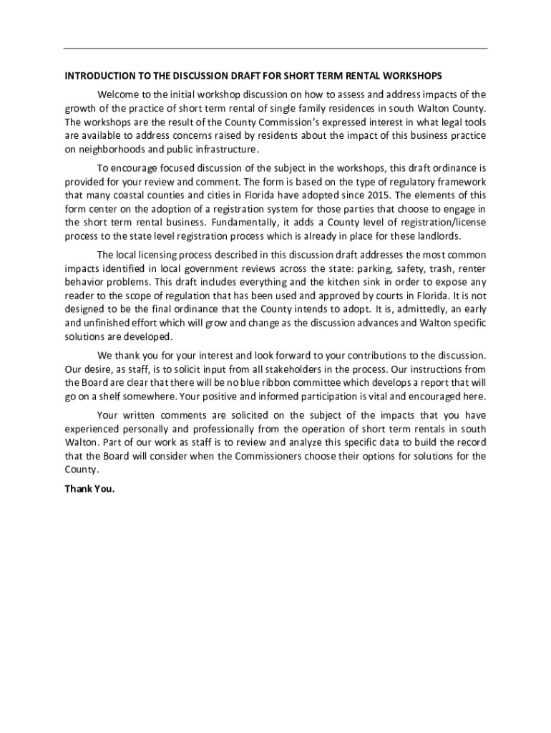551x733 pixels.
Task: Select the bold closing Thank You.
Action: [x=89, y=489]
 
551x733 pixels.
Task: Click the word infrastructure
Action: [x=223, y=149]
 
